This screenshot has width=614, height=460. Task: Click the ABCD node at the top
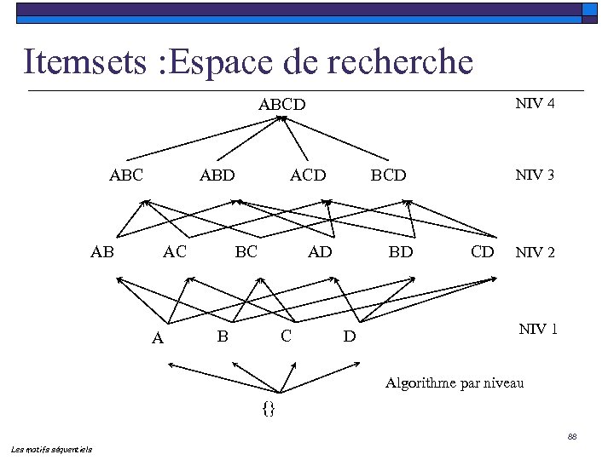(x=281, y=106)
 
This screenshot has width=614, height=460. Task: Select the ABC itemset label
(x=126, y=175)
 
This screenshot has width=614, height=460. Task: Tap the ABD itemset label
(x=217, y=176)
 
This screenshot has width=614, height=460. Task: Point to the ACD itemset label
(x=308, y=175)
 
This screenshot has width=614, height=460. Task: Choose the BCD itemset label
(x=388, y=176)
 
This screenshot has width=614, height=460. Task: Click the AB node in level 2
(x=102, y=251)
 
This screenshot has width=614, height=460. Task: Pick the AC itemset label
(x=175, y=251)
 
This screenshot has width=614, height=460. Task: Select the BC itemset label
(x=246, y=251)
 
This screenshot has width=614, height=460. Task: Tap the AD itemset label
(x=320, y=251)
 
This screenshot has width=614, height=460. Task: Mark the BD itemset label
(x=401, y=252)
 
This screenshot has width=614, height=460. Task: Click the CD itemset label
(x=483, y=251)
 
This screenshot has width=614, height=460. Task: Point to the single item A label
(x=157, y=339)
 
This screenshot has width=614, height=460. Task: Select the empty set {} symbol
(x=269, y=408)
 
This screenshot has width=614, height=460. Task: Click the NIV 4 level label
(x=536, y=104)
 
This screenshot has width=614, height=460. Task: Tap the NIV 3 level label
(x=535, y=175)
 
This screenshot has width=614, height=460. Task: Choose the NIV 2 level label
(x=535, y=252)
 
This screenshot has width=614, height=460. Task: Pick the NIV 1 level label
(x=538, y=329)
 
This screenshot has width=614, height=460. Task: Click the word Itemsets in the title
(x=85, y=61)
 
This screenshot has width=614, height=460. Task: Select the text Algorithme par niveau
(x=455, y=383)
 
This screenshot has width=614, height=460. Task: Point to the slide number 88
(x=572, y=437)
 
